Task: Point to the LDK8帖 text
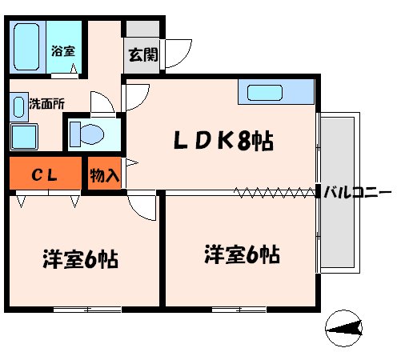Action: [x=224, y=142]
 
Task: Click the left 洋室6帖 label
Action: [x=80, y=259]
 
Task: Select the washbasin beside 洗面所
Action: [x=18, y=104]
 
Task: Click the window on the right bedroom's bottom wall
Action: [x=239, y=308]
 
